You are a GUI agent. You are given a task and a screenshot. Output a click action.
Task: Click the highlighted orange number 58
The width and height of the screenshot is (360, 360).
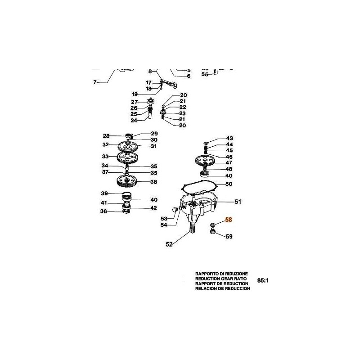pyautogui.click(x=229, y=220)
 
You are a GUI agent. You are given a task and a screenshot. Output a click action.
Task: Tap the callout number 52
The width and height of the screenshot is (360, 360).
pyautogui.click(x=169, y=244)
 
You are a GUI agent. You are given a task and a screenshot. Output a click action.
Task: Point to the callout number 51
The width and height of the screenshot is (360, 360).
pyautogui.click(x=238, y=202)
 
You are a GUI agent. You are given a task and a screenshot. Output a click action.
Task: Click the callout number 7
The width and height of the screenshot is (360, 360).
pyautogui.click(x=95, y=82)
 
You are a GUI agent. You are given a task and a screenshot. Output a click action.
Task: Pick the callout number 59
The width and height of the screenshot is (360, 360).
pyautogui.click(x=229, y=236)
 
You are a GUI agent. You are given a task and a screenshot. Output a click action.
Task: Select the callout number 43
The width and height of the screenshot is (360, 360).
pyautogui.click(x=229, y=138)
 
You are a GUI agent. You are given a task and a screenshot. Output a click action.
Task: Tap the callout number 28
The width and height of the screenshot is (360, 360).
pyautogui.click(x=106, y=136)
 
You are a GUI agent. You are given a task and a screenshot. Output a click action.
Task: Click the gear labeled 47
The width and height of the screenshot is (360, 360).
pyautogui.click(x=207, y=161)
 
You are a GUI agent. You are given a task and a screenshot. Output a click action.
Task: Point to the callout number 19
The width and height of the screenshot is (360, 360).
pyautogui.click(x=135, y=94)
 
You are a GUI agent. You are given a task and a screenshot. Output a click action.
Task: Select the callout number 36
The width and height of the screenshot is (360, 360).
pyautogui.click(x=104, y=211)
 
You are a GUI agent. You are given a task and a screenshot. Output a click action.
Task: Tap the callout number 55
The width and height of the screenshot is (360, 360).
pyautogui.click(x=205, y=74)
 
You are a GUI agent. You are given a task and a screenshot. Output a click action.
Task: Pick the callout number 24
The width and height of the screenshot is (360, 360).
pyautogui.click(x=134, y=121)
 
